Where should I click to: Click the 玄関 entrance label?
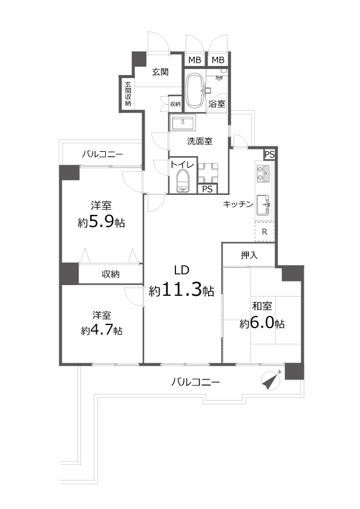tap(160, 72)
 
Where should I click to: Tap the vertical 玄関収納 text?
tap(128, 94)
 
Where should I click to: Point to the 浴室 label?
tap(217, 103)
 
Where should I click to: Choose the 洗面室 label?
tap(199, 142)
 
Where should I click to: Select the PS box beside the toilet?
tap(207, 189)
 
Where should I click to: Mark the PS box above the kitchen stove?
tap(269, 154)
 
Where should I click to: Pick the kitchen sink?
tap(265, 205)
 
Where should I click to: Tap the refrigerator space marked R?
tap(265, 231)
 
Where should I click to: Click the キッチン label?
tap(238, 205)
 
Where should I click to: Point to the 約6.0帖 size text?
tap(262, 324)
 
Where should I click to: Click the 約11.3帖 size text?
tap(182, 291)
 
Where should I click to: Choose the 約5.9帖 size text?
tap(102, 222)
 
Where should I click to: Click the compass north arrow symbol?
tap(272, 379)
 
